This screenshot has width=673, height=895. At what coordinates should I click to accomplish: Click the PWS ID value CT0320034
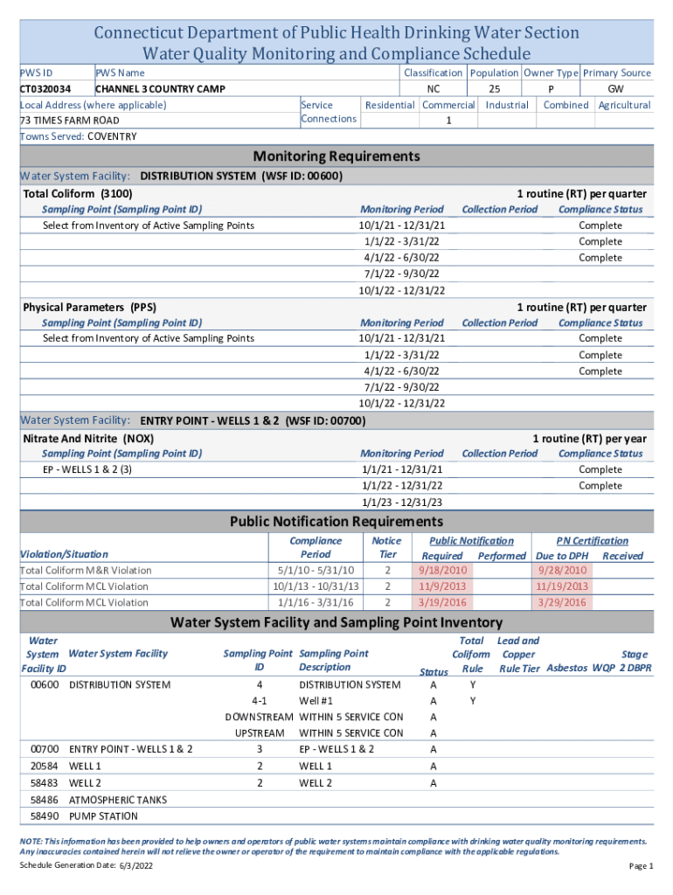(x=45, y=89)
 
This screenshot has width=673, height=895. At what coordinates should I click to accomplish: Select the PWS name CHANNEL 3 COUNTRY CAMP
(x=160, y=89)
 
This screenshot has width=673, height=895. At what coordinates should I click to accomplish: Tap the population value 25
(x=494, y=89)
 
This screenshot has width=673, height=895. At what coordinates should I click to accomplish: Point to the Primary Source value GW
(x=616, y=89)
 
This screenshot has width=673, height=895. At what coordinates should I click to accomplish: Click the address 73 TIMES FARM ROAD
(x=69, y=121)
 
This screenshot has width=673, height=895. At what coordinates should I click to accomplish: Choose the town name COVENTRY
(x=112, y=136)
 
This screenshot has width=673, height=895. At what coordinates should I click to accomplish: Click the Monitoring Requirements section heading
(x=336, y=156)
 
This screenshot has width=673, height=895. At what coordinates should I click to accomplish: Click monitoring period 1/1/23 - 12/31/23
(x=402, y=502)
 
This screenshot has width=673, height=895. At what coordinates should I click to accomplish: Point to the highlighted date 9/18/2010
(x=442, y=571)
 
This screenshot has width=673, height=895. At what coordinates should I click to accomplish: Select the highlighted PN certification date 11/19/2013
(x=563, y=586)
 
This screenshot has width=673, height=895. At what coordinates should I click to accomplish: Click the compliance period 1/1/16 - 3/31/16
(x=316, y=602)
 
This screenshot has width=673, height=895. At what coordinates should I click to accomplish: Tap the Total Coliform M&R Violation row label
(x=85, y=571)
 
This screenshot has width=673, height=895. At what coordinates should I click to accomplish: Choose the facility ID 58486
(x=44, y=800)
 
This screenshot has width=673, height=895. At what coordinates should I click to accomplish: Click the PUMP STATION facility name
(x=103, y=816)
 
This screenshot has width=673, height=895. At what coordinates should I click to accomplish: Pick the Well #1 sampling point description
(x=316, y=701)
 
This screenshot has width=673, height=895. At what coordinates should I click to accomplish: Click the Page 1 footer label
(x=641, y=865)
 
